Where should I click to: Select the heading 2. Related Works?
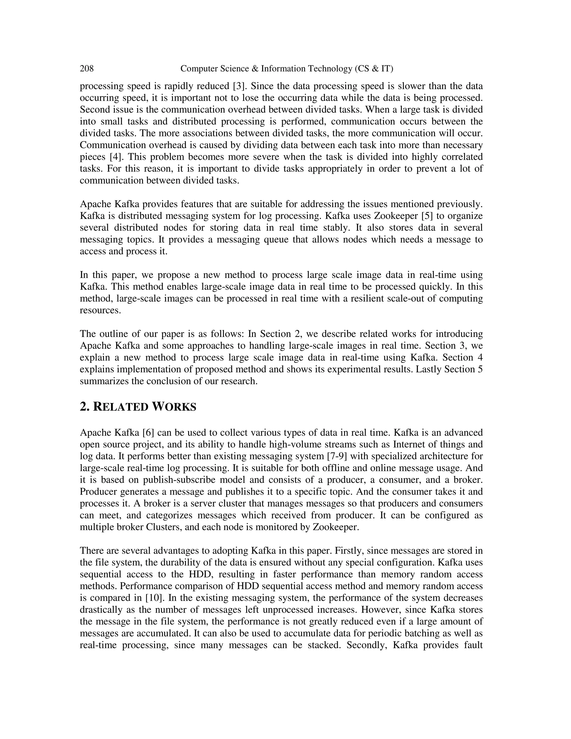click(x=138, y=407)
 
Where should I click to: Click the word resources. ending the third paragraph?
click(x=100, y=310)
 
